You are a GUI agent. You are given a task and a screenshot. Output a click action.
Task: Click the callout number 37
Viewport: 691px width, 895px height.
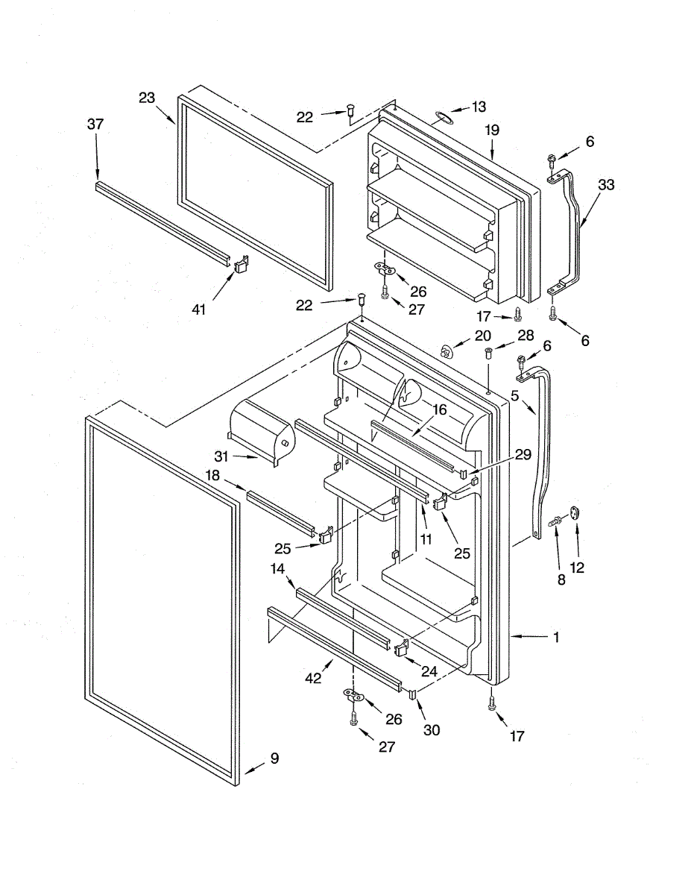(95, 125)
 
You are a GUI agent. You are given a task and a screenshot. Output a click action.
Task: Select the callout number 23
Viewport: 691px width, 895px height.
(146, 97)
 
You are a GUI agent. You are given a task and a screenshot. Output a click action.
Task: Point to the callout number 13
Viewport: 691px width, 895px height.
(478, 107)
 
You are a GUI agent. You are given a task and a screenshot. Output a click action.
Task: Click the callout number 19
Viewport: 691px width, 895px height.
(491, 130)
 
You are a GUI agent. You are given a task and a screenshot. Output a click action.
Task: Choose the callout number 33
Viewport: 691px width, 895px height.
(606, 185)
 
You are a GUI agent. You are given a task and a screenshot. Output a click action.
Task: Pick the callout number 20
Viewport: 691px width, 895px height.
(483, 335)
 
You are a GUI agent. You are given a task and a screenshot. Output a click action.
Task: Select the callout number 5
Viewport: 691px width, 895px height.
(514, 396)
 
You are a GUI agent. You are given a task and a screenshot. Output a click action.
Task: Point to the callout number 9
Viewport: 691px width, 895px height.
(274, 759)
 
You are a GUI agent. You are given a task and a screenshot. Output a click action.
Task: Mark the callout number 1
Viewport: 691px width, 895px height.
(556, 637)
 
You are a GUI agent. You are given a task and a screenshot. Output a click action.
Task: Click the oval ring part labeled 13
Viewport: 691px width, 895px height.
(442, 116)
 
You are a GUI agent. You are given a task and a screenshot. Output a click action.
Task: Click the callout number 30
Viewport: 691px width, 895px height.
(432, 730)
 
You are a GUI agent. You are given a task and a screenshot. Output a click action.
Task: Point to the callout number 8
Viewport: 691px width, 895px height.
(561, 579)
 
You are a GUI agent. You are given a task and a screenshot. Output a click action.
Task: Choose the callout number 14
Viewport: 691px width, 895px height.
(277, 568)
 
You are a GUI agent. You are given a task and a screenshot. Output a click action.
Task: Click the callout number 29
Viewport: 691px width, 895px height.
(523, 454)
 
